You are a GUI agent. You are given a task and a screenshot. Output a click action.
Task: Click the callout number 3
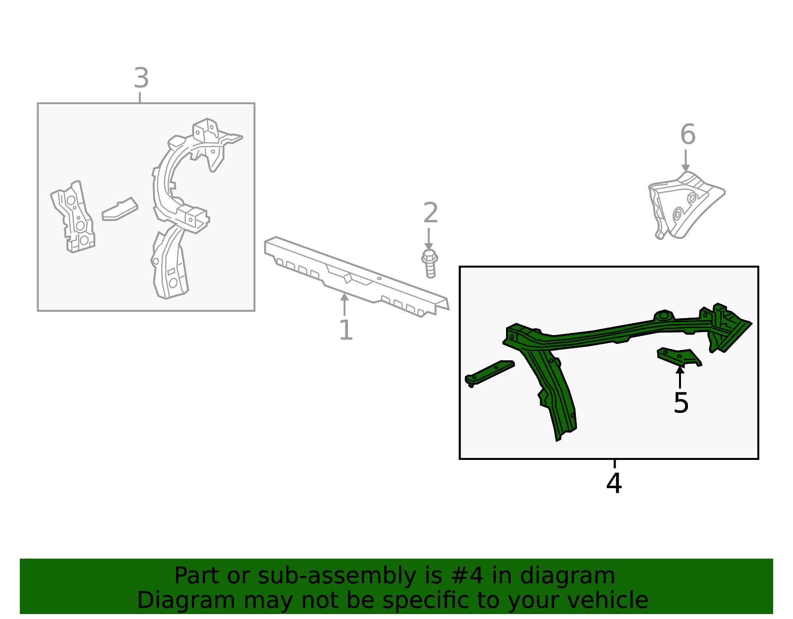click(x=141, y=78)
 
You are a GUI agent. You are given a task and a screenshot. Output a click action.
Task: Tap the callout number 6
click(x=687, y=134)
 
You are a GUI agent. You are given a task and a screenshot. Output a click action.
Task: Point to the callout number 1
click(x=345, y=330)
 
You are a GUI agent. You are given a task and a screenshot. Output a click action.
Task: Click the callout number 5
click(x=680, y=403)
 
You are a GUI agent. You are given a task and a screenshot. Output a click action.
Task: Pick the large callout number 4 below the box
click(x=614, y=483)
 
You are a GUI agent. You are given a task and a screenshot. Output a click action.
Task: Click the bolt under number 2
click(x=430, y=263)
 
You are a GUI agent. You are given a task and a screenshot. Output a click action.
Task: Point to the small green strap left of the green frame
click(x=489, y=373)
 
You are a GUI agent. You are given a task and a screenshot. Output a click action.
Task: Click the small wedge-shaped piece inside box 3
click(x=120, y=210)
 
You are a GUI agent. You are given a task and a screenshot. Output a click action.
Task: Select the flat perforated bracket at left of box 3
click(x=73, y=217)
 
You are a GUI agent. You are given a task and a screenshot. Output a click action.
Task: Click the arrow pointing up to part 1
click(x=344, y=304)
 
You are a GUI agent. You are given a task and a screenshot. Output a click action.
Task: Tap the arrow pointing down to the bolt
click(x=428, y=239)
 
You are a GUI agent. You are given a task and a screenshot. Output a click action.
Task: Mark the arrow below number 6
click(x=685, y=161)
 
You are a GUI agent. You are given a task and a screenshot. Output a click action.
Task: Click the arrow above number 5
click(x=680, y=377)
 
